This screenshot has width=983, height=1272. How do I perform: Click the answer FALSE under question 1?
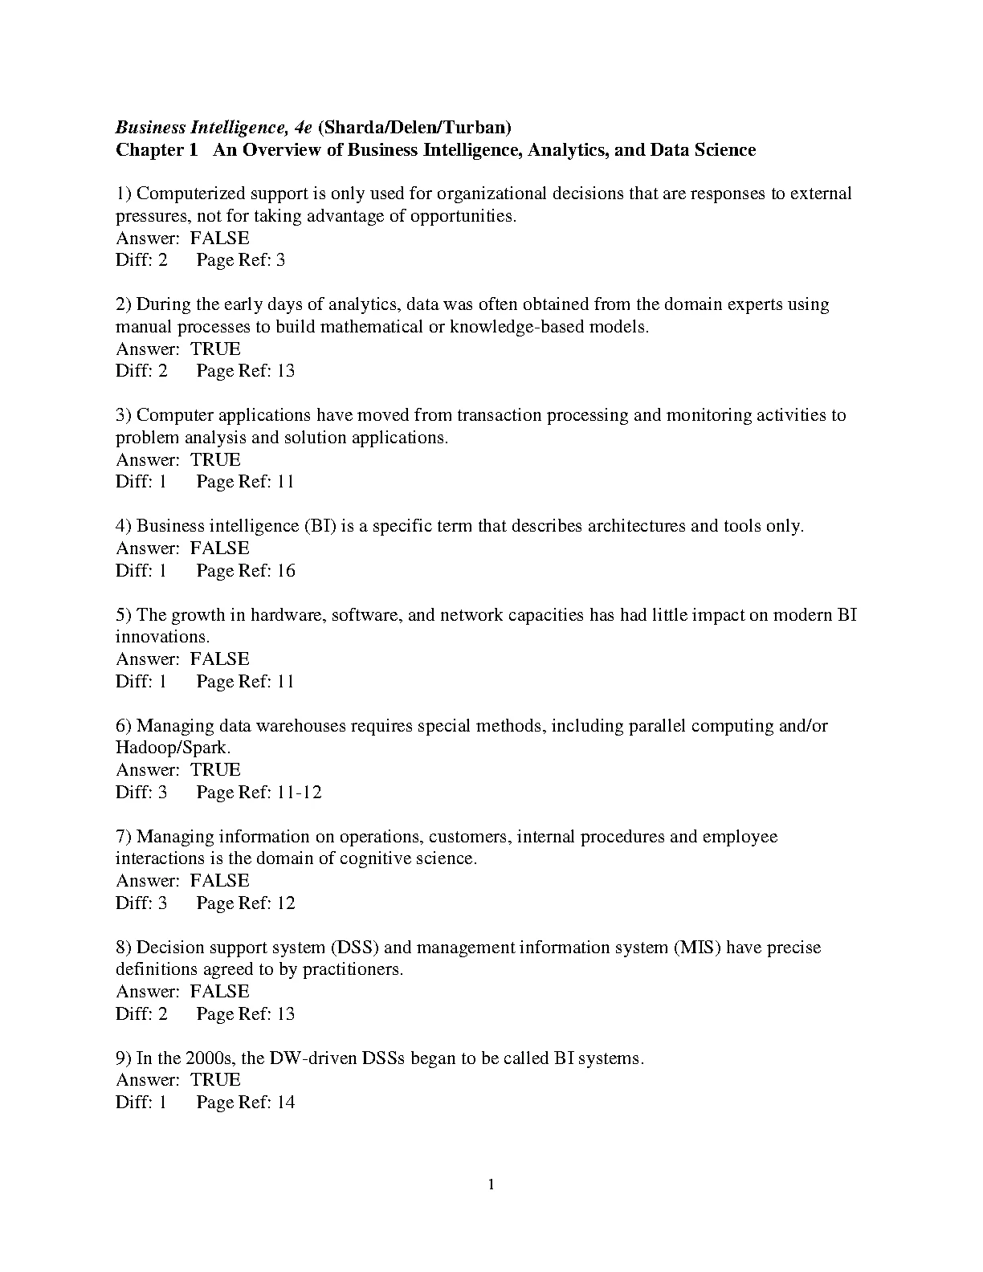(219, 238)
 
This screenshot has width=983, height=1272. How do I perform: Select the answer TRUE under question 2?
(215, 349)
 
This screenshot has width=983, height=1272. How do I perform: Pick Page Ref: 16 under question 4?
(246, 571)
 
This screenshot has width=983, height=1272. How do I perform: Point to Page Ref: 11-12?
(259, 793)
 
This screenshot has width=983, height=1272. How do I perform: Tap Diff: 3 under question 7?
(141, 903)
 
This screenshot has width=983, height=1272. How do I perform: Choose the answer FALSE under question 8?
(219, 992)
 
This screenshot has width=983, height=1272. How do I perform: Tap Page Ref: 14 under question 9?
(246, 1103)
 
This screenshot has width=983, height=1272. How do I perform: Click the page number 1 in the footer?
(491, 1184)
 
